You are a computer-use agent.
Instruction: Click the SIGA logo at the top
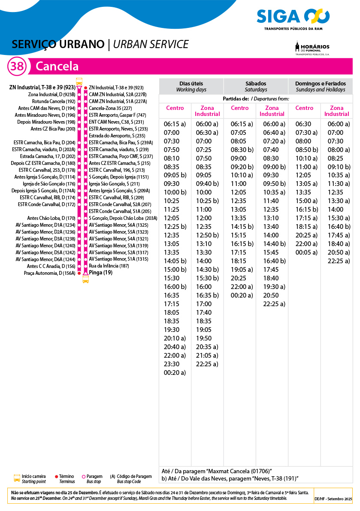(293, 17)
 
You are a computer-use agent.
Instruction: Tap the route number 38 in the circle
(17, 67)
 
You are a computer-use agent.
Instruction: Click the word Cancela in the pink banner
(57, 67)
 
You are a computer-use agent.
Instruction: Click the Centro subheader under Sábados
(239, 108)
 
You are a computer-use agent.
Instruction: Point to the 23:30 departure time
(172, 364)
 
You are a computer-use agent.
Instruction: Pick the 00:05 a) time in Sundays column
(306, 252)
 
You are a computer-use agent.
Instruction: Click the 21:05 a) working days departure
(207, 355)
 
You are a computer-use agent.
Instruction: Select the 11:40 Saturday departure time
(271, 201)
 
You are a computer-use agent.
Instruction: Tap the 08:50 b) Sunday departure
(306, 149)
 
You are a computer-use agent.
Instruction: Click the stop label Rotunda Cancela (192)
(54, 101)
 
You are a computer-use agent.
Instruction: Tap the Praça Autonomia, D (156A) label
(49, 273)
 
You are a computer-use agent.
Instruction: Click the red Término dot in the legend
(57, 477)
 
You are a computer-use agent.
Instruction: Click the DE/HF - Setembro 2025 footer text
(333, 499)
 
